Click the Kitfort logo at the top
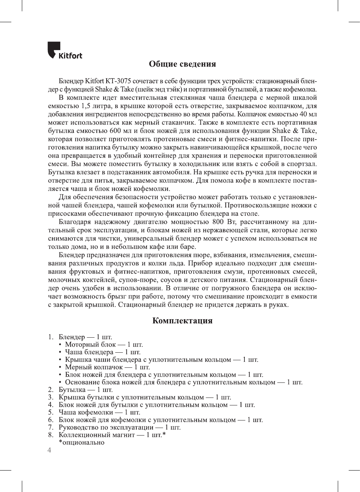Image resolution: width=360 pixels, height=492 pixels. pyautogui.click(x=64, y=50)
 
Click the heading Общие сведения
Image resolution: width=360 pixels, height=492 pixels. pyautogui.click(x=182, y=64)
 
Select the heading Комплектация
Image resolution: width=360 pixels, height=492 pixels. pyautogui.click(x=182, y=321)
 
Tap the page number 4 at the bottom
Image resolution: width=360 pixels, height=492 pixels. pyautogui.click(x=49, y=450)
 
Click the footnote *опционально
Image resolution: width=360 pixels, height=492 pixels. pyautogui.click(x=81, y=442)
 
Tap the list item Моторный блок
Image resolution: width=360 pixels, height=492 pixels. pyautogui.click(x=90, y=344)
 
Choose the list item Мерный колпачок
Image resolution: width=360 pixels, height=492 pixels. pyautogui.click(x=94, y=367)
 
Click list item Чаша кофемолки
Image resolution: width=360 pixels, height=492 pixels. pyautogui.click(x=85, y=412)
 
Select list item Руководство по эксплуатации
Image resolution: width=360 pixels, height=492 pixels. pyautogui.click(x=106, y=427)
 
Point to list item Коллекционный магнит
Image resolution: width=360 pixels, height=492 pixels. pyautogui.click(x=96, y=435)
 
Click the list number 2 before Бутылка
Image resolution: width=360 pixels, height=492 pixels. pyautogui.click(x=50, y=390)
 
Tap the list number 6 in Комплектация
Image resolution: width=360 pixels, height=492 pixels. pyautogui.click(x=50, y=420)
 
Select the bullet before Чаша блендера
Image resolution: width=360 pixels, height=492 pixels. pyautogui.click(x=60, y=352)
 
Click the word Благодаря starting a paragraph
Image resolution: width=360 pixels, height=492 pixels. pyautogui.click(x=75, y=222)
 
